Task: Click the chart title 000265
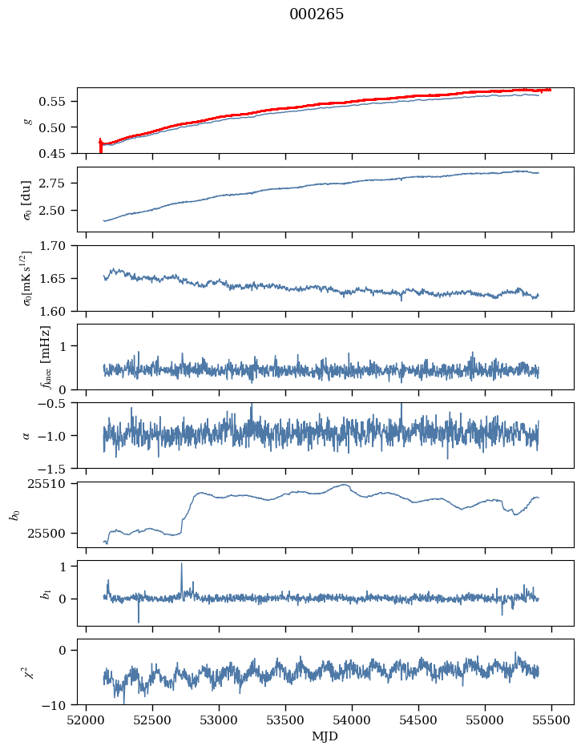[x=317, y=14]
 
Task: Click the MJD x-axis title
[x=325, y=736]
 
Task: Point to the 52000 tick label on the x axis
[x=86, y=720]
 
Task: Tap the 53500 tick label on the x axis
[x=285, y=720]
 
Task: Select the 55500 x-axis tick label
[x=551, y=720]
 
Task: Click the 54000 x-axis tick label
[x=352, y=720]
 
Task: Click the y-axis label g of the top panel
[x=29, y=121]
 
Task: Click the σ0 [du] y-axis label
[x=26, y=200]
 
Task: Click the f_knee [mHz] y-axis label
[x=46, y=357]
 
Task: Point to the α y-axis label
[x=26, y=435]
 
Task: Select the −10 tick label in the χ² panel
[x=56, y=705]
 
